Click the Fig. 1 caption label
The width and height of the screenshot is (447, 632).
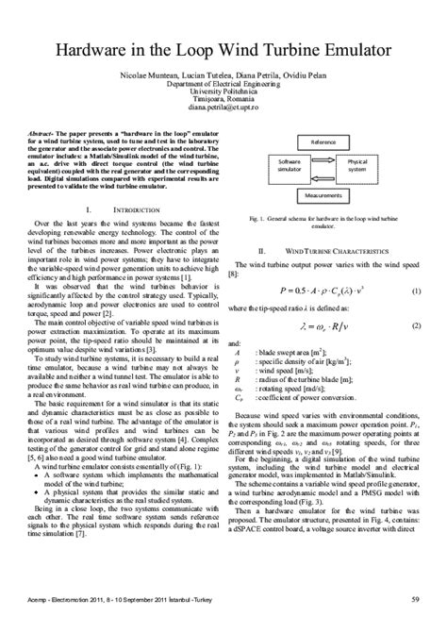click(257, 218)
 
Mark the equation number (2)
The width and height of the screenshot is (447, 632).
click(415, 325)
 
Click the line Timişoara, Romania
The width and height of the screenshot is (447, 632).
click(223, 97)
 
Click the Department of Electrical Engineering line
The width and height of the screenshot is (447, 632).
click(223, 82)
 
